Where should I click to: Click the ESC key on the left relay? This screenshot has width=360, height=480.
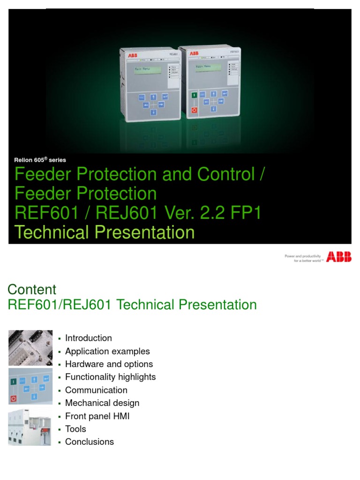(x=142, y=98)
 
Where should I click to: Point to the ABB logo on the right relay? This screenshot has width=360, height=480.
(x=193, y=54)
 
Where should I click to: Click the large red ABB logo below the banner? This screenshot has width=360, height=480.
(x=339, y=257)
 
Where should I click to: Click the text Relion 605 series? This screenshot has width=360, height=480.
(x=40, y=160)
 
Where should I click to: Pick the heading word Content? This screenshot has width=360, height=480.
(x=32, y=289)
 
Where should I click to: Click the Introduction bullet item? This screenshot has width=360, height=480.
(x=89, y=338)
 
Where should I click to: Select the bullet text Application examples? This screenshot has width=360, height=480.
(x=107, y=351)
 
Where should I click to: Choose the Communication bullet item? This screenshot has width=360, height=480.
(x=96, y=390)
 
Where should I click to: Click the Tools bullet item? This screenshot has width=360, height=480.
(x=75, y=428)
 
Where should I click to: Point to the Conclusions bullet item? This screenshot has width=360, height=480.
(x=90, y=442)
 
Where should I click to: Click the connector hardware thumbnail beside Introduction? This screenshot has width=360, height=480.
(x=30, y=347)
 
